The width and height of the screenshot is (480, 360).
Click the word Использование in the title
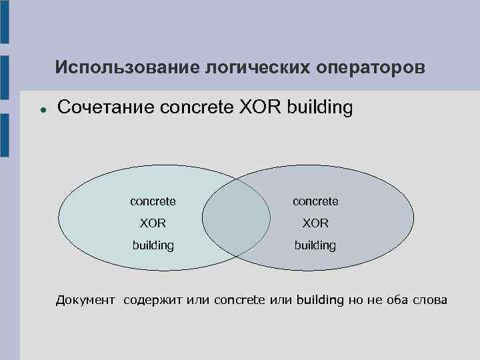click(x=109, y=67)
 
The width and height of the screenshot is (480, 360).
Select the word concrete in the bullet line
click(x=196, y=107)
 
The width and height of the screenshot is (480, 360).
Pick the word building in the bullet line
click(x=319, y=107)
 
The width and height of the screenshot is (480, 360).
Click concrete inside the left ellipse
click(x=153, y=201)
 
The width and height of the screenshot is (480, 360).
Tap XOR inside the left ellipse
click(x=153, y=223)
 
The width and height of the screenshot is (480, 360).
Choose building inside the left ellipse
click(x=153, y=245)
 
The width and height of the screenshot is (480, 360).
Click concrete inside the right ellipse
click(x=315, y=201)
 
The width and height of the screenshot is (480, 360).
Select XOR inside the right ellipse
click(x=315, y=223)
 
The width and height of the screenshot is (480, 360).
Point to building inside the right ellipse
click(x=315, y=245)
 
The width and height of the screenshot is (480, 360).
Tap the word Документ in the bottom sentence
click(x=85, y=300)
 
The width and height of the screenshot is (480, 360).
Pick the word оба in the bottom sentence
click(x=397, y=300)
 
